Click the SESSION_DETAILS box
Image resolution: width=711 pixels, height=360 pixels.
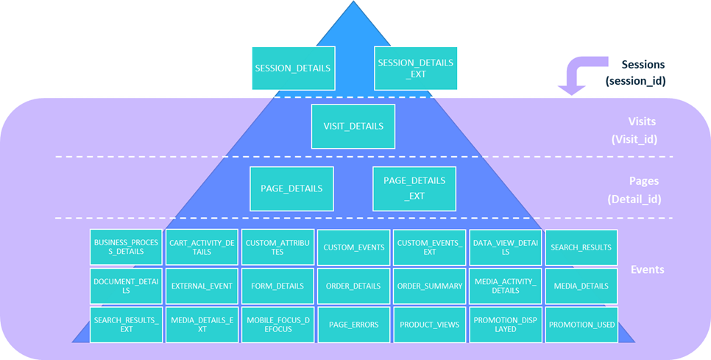click(293, 68)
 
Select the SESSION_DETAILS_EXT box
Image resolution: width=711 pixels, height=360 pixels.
click(416, 68)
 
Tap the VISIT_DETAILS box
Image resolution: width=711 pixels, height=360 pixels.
click(353, 126)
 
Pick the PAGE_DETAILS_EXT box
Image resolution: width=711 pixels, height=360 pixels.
click(414, 188)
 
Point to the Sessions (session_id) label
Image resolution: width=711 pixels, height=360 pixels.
click(636, 73)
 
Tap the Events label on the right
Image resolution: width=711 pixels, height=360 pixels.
click(647, 269)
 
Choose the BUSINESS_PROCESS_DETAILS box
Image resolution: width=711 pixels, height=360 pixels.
click(126, 247)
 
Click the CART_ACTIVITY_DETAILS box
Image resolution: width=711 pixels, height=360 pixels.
click(202, 247)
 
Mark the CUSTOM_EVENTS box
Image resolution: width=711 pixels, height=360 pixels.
click(353, 247)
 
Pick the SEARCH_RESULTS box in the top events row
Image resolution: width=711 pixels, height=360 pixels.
click(581, 247)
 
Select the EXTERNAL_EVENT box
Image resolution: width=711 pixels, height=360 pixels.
click(202, 286)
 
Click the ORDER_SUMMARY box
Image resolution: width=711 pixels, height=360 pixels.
click(429, 286)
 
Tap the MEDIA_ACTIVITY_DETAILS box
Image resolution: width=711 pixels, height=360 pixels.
click(505, 286)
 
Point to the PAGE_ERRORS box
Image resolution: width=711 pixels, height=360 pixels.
click(353, 324)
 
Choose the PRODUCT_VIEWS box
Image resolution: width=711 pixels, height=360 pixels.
click(429, 324)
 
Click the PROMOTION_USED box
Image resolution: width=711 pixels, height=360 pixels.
click(581, 324)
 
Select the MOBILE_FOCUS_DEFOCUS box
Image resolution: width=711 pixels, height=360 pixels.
click(277, 324)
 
